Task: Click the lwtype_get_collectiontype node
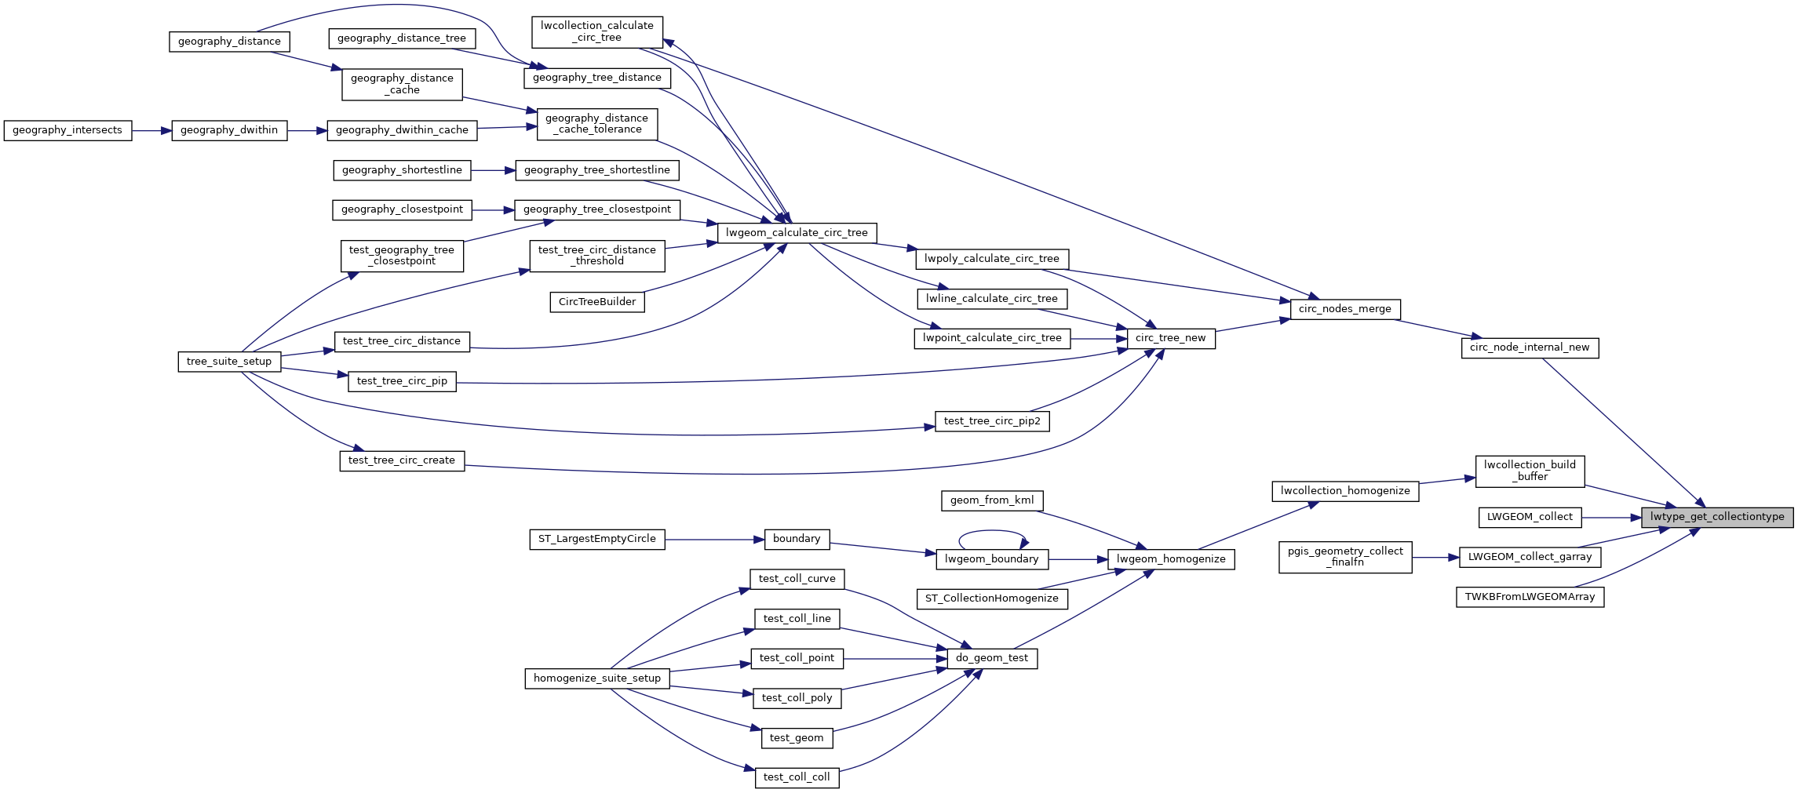1716,517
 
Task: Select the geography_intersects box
67,130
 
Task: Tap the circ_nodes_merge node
1344,309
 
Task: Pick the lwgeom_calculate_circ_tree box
797,233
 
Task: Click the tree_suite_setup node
229,362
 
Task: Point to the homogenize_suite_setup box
596,678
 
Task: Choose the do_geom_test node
991,658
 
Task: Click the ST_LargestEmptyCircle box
596,539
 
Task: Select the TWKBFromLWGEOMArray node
1530,597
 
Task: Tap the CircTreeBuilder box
596,302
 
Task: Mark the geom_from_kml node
991,500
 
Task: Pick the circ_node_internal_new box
1529,347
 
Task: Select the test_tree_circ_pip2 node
991,421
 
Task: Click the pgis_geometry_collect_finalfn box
1344,557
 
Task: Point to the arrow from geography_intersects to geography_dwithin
151,130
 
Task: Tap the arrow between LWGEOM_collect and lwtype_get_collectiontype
1610,518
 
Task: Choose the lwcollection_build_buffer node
1529,471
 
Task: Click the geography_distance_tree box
401,38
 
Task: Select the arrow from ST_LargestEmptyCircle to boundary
714,540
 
